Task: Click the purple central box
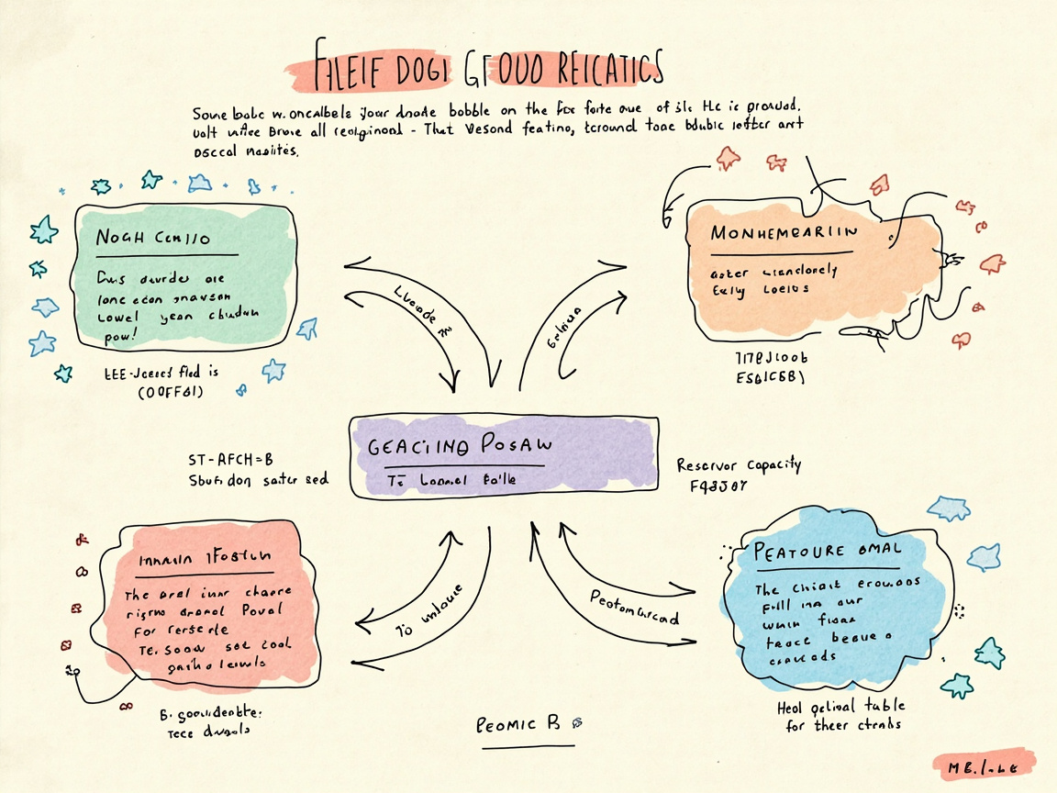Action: (x=503, y=457)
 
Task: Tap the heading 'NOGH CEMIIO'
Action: (x=153, y=238)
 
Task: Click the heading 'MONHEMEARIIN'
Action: (x=784, y=232)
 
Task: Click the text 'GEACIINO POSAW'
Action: (x=461, y=446)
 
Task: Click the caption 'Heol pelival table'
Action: (x=840, y=706)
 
